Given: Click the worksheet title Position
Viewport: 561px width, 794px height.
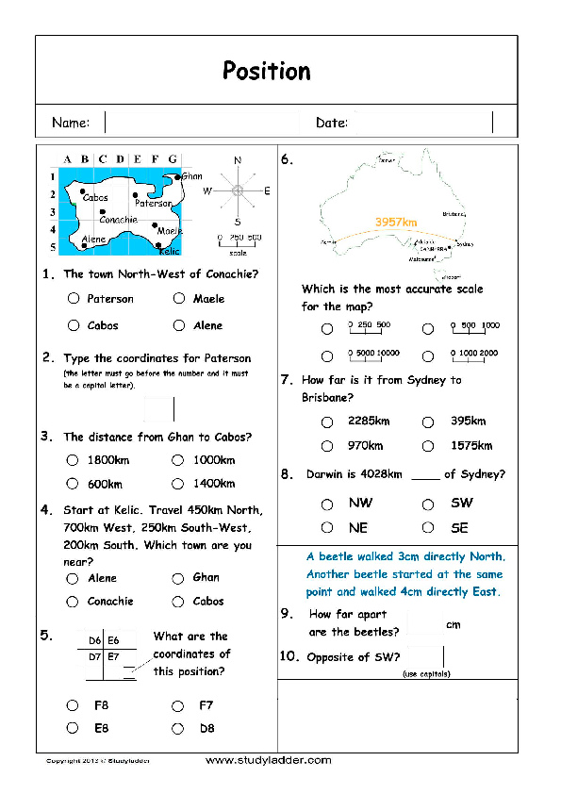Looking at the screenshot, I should pyautogui.click(x=266, y=71).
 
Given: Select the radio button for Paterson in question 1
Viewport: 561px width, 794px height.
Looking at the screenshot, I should pyautogui.click(x=74, y=299).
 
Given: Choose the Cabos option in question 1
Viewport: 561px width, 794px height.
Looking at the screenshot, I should pyautogui.click(x=74, y=326).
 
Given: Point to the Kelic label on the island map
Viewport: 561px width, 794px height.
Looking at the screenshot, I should pyautogui.click(x=169, y=252).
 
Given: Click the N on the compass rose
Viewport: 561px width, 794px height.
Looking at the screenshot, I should pyautogui.click(x=238, y=160).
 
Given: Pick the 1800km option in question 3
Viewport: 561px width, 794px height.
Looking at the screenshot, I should pyautogui.click(x=74, y=460).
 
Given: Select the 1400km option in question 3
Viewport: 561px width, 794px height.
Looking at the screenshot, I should pyautogui.click(x=178, y=484).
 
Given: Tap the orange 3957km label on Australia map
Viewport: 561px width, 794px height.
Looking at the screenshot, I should pyautogui.click(x=396, y=223).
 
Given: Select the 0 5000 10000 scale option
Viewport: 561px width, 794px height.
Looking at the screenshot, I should pyautogui.click(x=327, y=356).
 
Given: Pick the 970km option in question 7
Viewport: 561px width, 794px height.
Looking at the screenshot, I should pyautogui.click(x=327, y=446).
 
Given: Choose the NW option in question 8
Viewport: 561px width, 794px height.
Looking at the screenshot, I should pyautogui.click(x=327, y=504).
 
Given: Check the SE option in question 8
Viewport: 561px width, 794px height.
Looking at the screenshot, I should pyautogui.click(x=428, y=528).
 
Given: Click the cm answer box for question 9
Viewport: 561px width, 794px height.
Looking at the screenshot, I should pyautogui.click(x=426, y=623).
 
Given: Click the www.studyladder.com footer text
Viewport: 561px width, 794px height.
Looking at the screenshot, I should pyautogui.click(x=268, y=760).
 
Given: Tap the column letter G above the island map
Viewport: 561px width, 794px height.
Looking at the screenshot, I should pyautogui.click(x=173, y=159).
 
